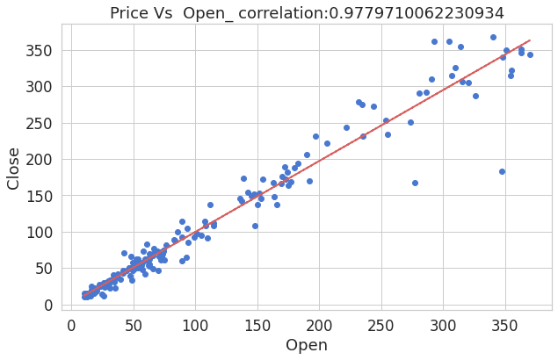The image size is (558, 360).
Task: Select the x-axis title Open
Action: click(x=307, y=345)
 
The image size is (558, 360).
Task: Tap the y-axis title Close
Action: click(x=14, y=168)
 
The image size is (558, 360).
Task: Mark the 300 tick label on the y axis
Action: click(x=41, y=86)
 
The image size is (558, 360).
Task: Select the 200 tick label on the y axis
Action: click(x=41, y=159)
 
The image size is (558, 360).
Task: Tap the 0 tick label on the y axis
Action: click(x=50, y=305)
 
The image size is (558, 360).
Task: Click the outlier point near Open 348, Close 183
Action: click(x=502, y=171)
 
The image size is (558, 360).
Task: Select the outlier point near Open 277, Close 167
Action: click(x=415, y=183)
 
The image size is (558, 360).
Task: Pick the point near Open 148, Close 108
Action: click(x=255, y=226)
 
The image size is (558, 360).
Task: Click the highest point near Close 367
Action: click(x=493, y=37)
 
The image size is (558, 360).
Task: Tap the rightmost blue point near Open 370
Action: click(x=530, y=54)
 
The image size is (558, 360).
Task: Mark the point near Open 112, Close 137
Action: click(x=210, y=205)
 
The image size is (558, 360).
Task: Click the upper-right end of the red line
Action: click(x=529, y=40)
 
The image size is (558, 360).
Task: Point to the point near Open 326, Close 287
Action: click(x=475, y=96)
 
